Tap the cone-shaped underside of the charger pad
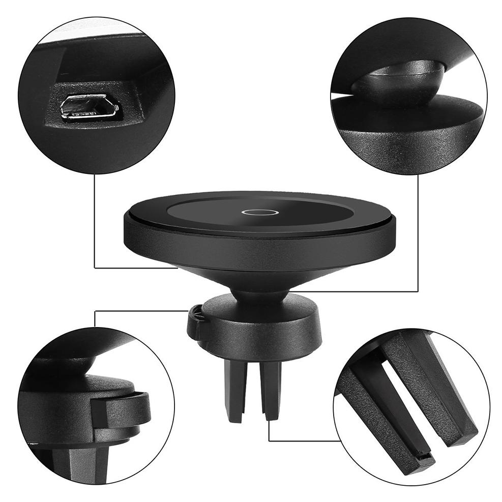259,264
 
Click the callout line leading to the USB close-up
95,229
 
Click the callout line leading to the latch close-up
137,310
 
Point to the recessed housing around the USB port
127,109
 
